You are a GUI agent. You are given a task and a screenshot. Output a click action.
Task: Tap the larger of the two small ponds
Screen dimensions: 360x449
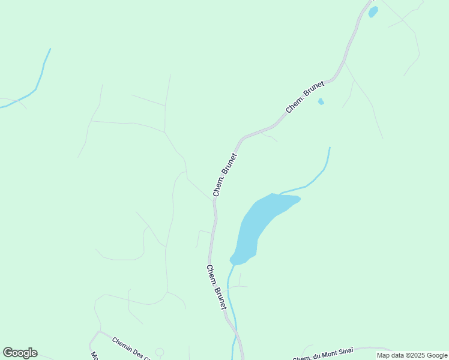[373, 11]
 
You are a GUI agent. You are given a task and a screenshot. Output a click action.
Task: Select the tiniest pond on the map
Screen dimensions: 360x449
[321, 101]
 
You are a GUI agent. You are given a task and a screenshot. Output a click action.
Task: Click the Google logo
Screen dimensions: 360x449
[20, 353]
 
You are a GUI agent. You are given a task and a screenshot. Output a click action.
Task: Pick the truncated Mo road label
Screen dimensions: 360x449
[95, 355]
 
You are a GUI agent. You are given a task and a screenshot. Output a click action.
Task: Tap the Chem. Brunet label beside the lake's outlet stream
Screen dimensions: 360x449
[216, 287]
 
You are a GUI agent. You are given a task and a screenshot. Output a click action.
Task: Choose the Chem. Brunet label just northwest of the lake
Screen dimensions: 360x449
[225, 175]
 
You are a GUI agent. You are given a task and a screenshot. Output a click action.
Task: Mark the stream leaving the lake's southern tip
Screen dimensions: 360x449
[231, 300]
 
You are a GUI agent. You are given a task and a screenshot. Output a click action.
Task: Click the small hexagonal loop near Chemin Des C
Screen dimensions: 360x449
[160, 352]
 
